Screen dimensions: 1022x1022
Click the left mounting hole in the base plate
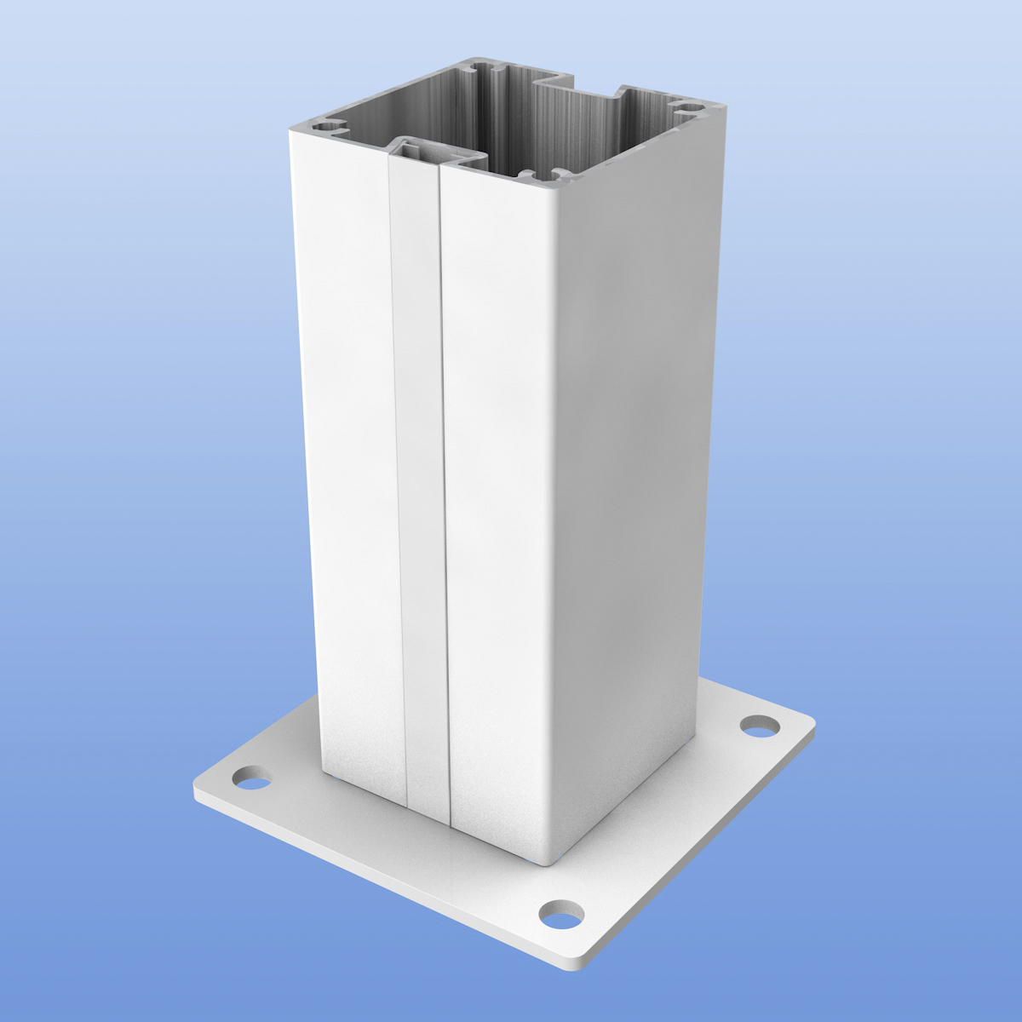coord(250,777)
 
